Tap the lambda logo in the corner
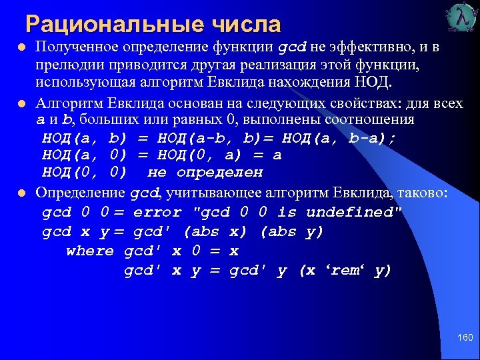(460, 18)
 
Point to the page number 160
(465, 339)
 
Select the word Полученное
(77, 48)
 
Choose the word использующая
(87, 83)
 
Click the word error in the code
(157, 213)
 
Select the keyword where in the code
(90, 251)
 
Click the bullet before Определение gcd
(22, 193)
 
